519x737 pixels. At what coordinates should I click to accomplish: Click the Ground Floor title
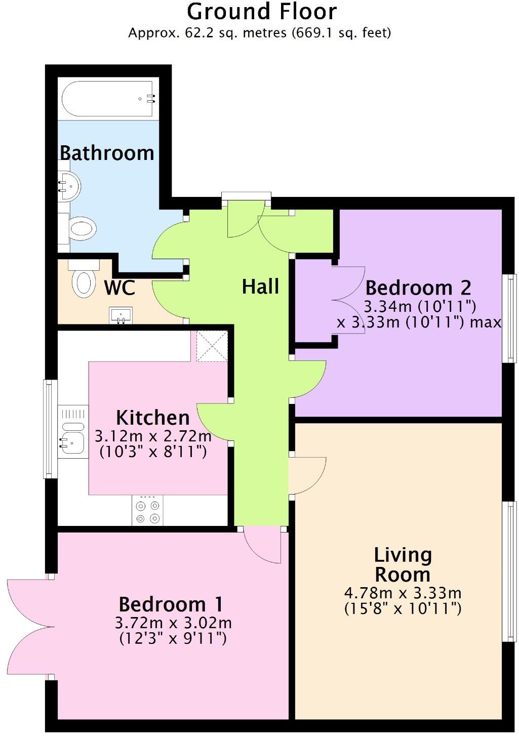pos(261,12)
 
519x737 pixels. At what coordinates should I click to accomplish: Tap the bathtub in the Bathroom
pos(107,99)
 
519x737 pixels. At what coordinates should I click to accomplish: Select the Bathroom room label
pos(107,152)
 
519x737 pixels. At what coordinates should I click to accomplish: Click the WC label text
pos(119,288)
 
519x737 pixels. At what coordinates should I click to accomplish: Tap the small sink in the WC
pos(121,315)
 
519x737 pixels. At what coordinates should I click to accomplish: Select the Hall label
pos(260,286)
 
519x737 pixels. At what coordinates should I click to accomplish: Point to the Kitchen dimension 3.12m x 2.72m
pos(153,435)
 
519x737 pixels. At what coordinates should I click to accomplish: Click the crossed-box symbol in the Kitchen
pos(212,346)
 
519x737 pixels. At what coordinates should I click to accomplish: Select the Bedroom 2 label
pos(418,288)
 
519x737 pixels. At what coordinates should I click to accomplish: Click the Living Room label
pos(403,564)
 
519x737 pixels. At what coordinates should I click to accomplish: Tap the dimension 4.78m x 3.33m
pos(403,592)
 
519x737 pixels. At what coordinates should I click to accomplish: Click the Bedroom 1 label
pos(171,604)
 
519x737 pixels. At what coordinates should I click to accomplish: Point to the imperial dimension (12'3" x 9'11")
pos(173,638)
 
